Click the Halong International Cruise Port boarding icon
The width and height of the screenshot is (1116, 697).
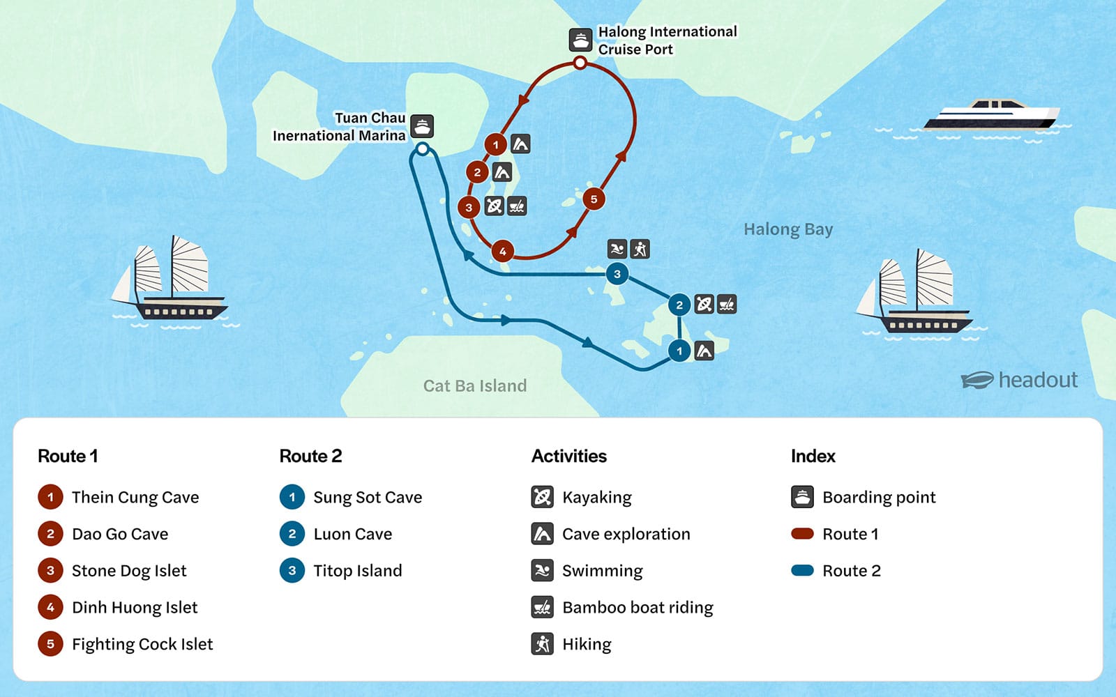(x=580, y=40)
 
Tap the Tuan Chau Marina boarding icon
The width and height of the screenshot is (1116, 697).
(x=422, y=126)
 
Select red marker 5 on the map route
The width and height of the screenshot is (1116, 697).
(x=594, y=199)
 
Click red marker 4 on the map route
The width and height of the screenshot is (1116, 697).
(x=502, y=251)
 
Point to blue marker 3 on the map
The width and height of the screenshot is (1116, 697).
(x=617, y=274)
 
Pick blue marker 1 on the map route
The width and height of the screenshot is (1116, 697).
(x=679, y=351)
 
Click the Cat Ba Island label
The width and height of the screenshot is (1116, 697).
(x=475, y=386)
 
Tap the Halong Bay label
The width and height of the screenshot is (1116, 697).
(x=788, y=229)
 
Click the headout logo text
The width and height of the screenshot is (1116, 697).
(x=1038, y=380)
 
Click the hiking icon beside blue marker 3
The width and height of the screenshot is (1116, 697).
(x=640, y=249)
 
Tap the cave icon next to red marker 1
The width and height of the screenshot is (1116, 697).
(x=520, y=144)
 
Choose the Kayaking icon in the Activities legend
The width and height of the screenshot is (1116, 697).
(x=542, y=497)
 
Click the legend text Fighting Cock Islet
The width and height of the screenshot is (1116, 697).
(x=142, y=644)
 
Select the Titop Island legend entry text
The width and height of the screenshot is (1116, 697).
(x=358, y=571)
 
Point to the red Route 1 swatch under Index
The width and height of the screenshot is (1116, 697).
(x=803, y=534)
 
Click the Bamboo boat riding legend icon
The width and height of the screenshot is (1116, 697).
(x=542, y=607)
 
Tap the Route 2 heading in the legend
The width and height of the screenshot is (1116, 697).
(x=310, y=456)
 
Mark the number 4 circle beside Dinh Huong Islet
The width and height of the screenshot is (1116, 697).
(x=50, y=607)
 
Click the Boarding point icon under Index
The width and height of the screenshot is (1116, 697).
(x=803, y=497)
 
